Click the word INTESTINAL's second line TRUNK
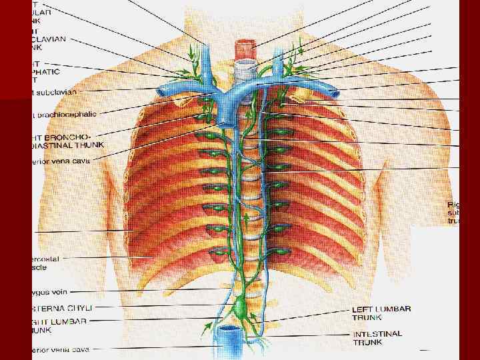tap(367, 343)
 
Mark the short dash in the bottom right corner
tap(427, 349)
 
